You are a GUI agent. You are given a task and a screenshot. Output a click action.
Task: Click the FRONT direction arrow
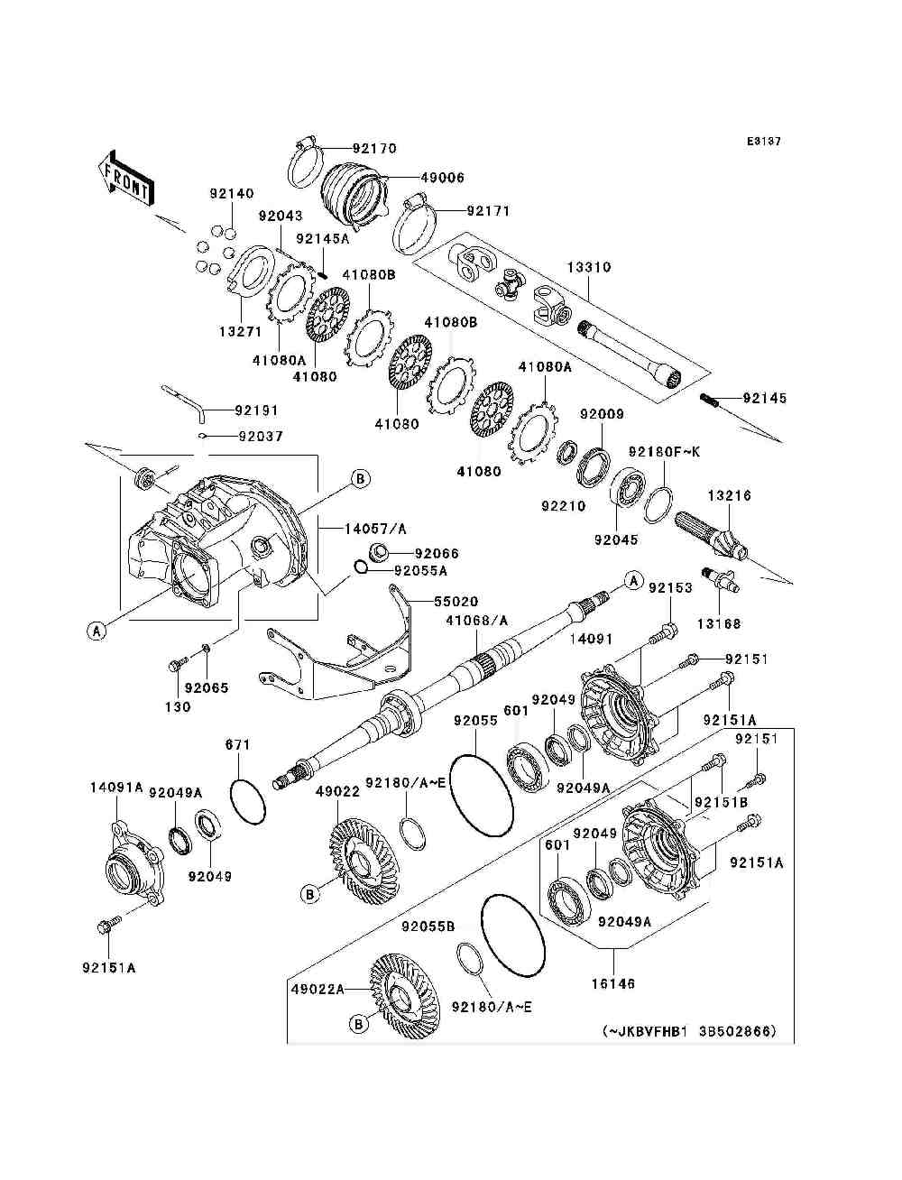tap(126, 178)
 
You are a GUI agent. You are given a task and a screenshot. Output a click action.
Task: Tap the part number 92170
tap(374, 148)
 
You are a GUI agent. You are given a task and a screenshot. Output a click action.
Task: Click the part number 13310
tap(589, 267)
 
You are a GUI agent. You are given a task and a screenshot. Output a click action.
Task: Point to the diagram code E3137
tap(763, 142)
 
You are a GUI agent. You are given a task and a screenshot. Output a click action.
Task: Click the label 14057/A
tap(375, 529)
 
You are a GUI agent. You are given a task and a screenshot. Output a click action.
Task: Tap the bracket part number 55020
tap(456, 601)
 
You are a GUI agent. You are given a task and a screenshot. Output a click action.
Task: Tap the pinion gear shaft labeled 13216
tap(711, 538)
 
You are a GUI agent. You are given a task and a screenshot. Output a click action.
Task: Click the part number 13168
tap(719, 623)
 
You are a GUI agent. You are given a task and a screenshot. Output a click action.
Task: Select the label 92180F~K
tap(665, 452)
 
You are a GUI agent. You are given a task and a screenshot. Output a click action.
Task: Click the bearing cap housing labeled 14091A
tap(133, 871)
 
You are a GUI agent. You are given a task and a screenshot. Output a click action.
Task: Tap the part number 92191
tap(256, 410)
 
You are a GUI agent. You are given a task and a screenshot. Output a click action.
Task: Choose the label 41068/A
tap(477, 621)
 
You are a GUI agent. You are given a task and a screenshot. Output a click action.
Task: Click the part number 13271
tap(240, 332)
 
